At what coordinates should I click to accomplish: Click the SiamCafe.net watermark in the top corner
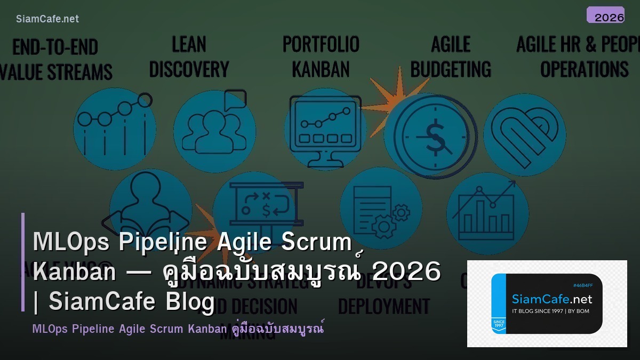(47, 19)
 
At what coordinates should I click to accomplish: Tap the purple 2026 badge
(605, 15)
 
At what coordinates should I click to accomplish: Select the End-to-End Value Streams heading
(55, 59)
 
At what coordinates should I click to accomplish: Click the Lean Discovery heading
(189, 57)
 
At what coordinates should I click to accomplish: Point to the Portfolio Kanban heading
(321, 57)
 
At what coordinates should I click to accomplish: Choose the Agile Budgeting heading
(451, 57)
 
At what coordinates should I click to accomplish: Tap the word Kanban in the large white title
(74, 272)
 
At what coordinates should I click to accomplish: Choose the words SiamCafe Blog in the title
(131, 301)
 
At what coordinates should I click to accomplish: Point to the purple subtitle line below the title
(178, 329)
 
